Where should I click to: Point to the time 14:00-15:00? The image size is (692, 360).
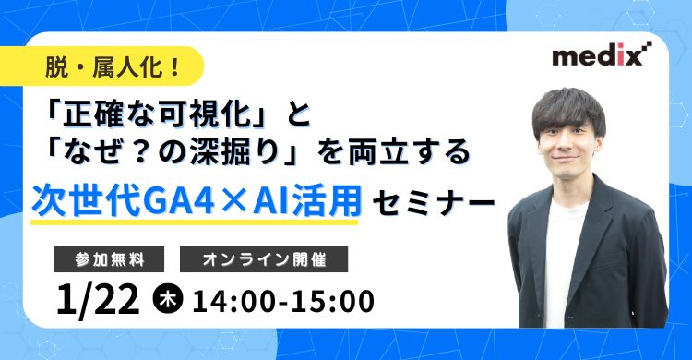pos(283,300)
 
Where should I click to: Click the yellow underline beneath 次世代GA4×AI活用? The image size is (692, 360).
pos(194,222)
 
